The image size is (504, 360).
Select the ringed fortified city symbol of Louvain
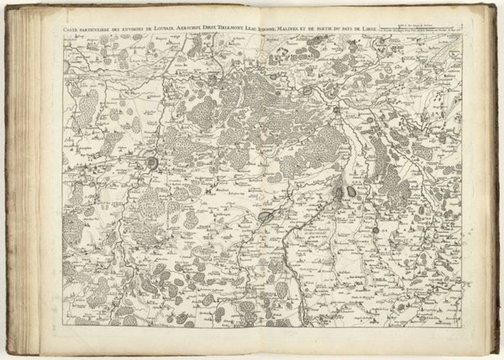[x=152, y=163]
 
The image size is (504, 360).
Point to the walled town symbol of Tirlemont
[x=265, y=216]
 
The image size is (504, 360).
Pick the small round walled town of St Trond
[x=375, y=230]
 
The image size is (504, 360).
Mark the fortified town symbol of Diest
[x=336, y=109]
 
